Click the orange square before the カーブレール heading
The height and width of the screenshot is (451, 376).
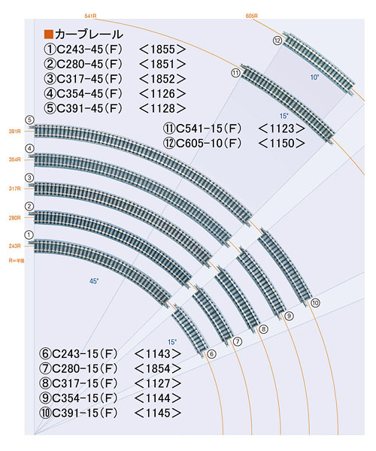tap(49, 35)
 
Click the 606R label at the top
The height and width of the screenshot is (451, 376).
tap(252, 14)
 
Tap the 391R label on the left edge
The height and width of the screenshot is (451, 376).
tap(14, 132)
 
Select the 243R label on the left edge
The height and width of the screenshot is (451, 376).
tap(14, 246)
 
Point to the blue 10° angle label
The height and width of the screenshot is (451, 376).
tap(315, 77)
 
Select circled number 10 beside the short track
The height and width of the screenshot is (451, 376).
tap(315, 302)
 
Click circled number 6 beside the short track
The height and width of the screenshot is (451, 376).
tap(211, 353)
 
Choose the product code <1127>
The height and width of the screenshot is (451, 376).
tap(159, 383)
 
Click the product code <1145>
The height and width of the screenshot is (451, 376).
tap(159, 413)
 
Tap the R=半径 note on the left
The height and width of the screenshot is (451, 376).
tap(17, 260)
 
